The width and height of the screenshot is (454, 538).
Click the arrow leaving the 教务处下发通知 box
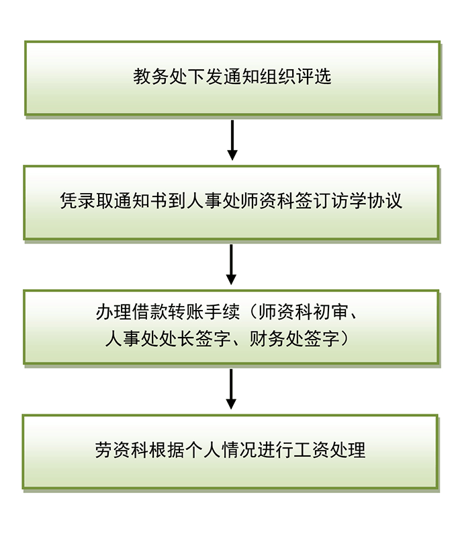(x=232, y=141)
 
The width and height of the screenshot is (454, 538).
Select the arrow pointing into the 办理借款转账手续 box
(x=232, y=264)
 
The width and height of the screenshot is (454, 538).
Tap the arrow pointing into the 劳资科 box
(x=231, y=389)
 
